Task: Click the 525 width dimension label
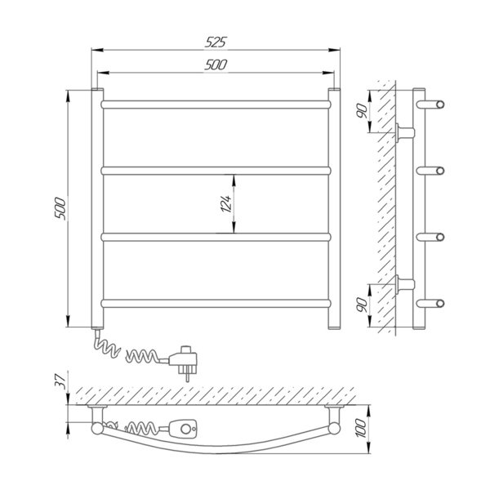coord(216,42)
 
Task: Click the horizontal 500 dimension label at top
coord(216,65)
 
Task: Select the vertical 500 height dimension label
coord(60,209)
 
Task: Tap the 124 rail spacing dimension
coord(226,203)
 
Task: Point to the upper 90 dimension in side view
coord(362,111)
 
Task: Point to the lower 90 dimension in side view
coord(362,305)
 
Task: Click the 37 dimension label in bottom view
coord(60,381)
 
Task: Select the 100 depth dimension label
coord(361,429)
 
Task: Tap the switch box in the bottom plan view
coord(183,429)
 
